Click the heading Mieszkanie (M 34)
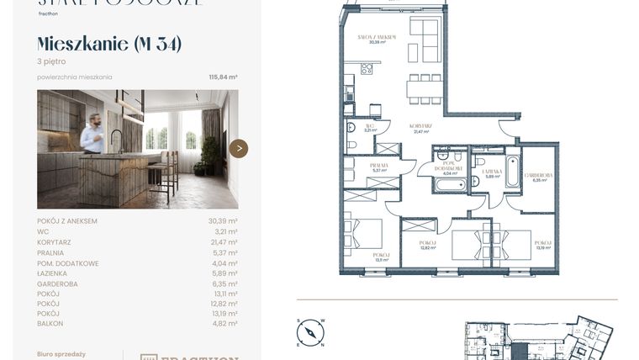(x=109, y=44)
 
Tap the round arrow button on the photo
(x=239, y=149)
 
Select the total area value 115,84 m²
(x=223, y=77)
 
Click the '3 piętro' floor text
(x=51, y=61)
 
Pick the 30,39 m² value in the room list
(x=223, y=221)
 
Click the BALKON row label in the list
(x=50, y=323)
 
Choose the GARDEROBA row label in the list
(x=58, y=284)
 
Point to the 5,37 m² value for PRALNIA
(x=224, y=252)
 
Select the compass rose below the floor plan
(x=310, y=332)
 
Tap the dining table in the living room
(x=425, y=88)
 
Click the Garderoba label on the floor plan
(x=536, y=174)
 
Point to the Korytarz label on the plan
(x=421, y=126)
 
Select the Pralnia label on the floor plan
(x=378, y=165)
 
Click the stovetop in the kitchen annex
(x=367, y=68)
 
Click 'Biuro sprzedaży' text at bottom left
(x=61, y=354)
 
